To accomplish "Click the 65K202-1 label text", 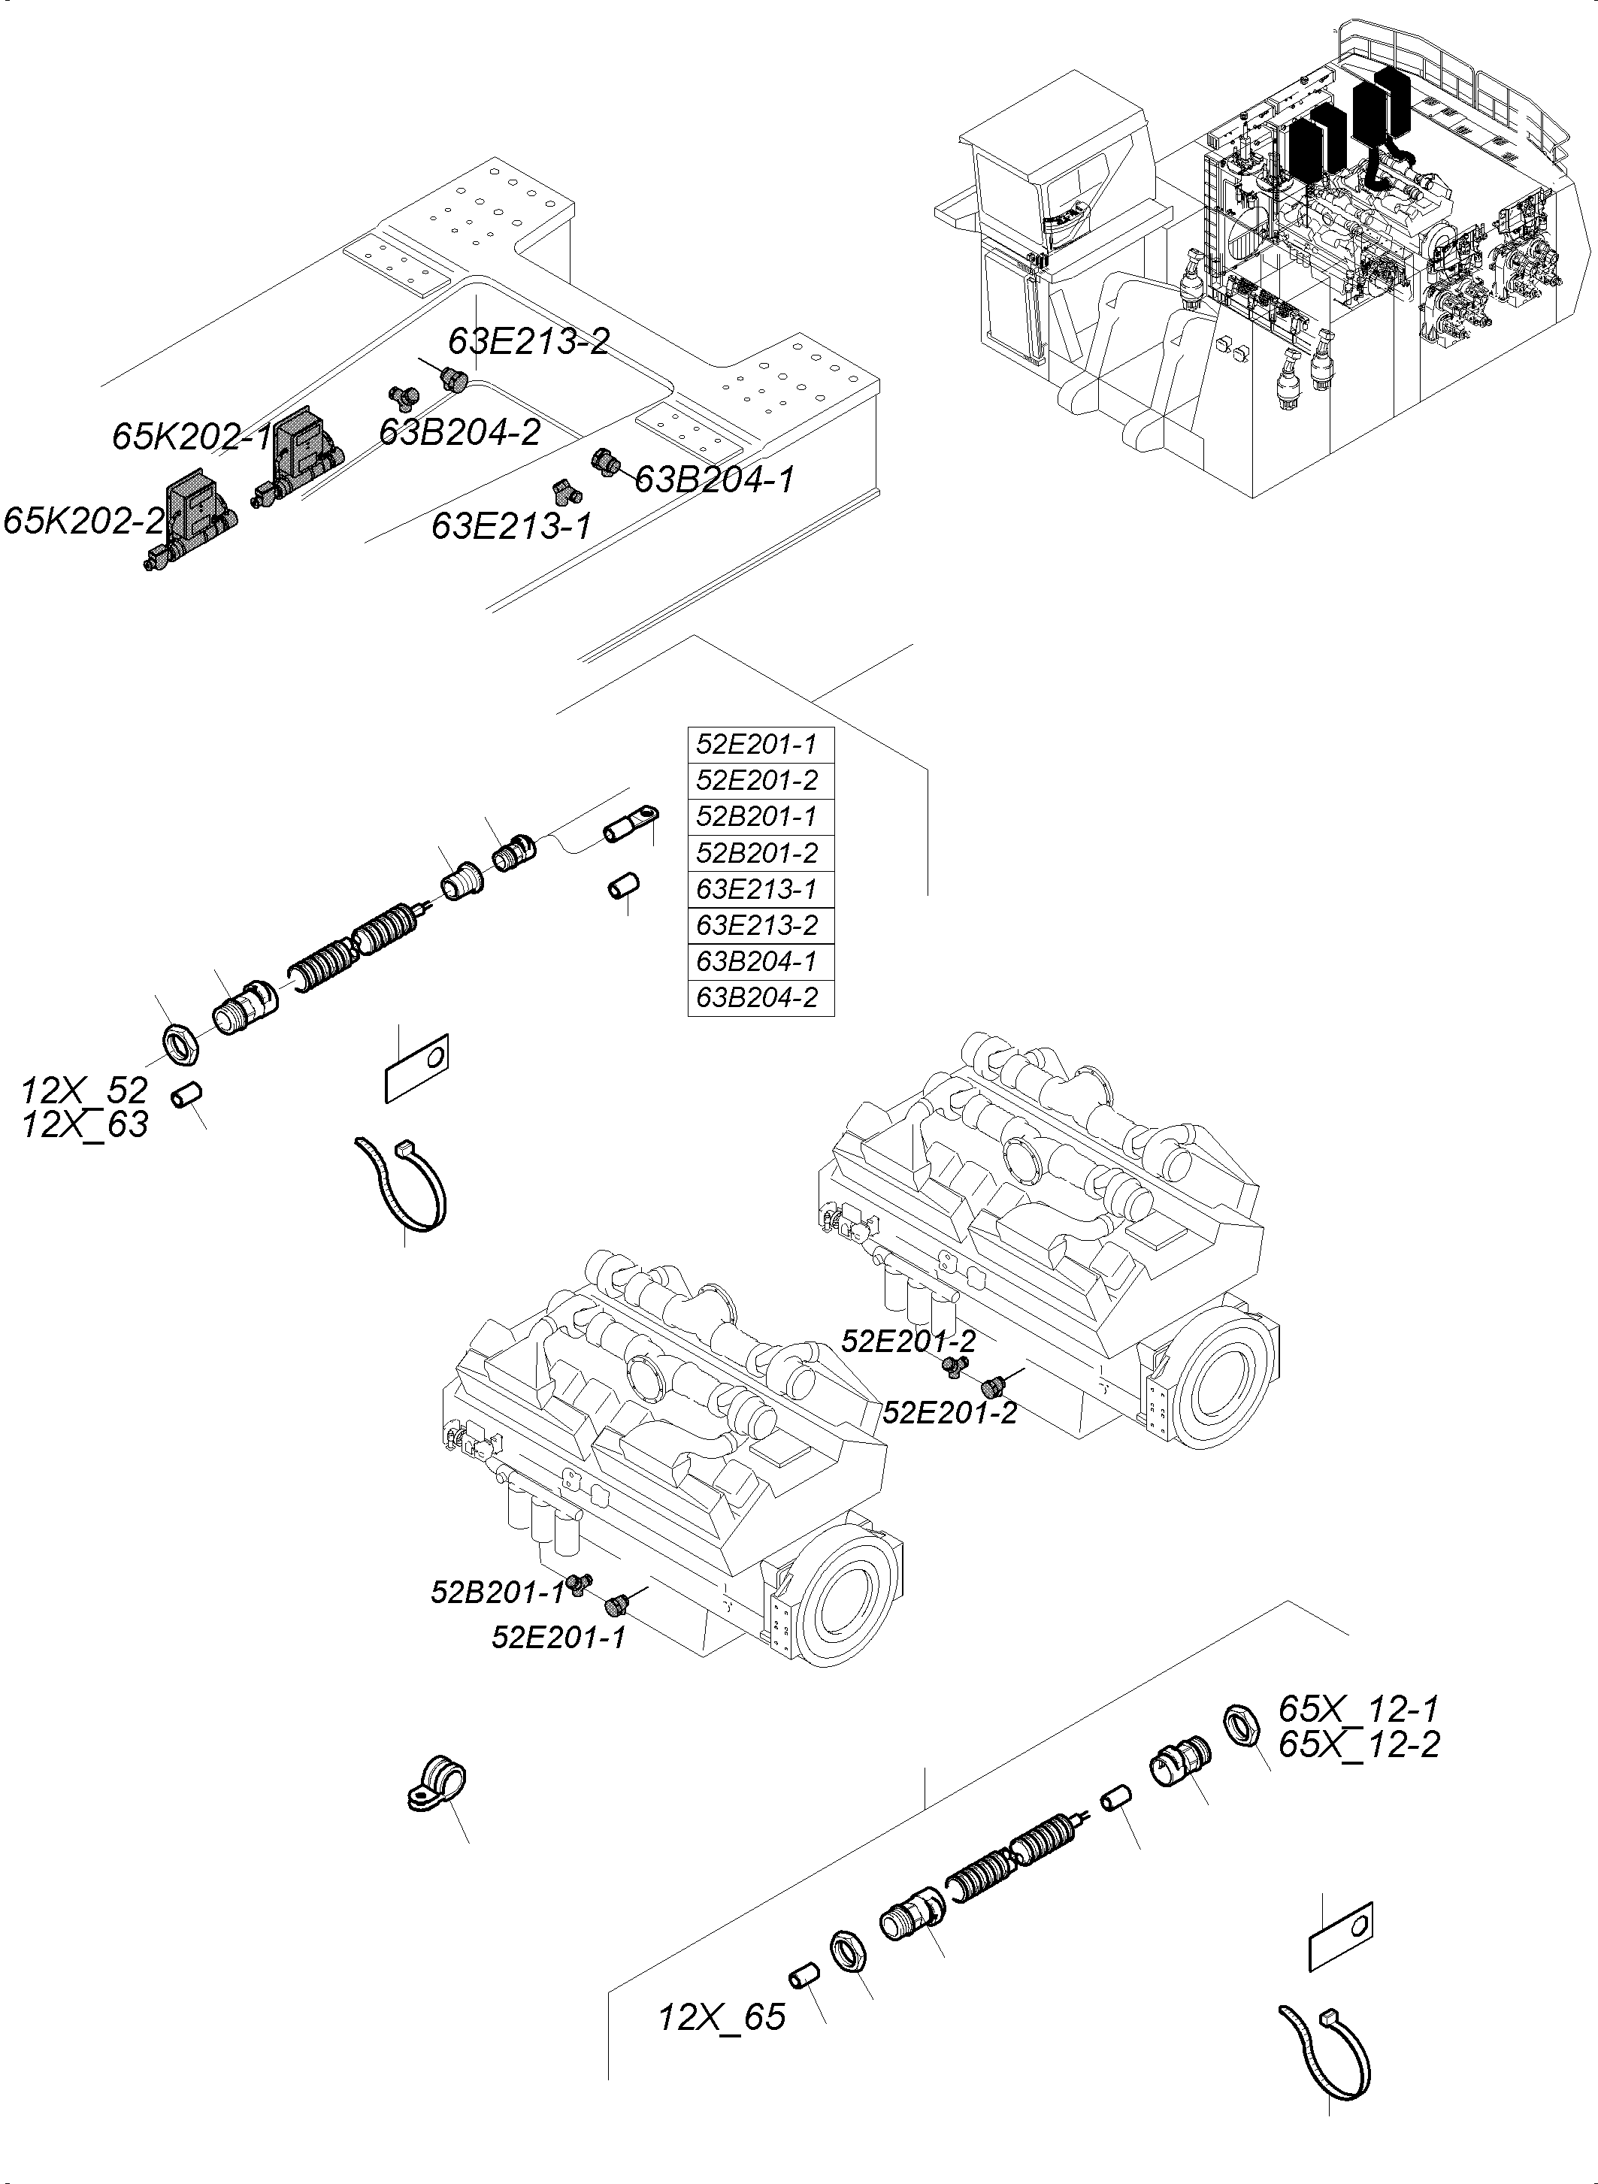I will click(x=192, y=437).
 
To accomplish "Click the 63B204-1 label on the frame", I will click(x=714, y=479).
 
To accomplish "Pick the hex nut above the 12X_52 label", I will click(x=179, y=1042).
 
